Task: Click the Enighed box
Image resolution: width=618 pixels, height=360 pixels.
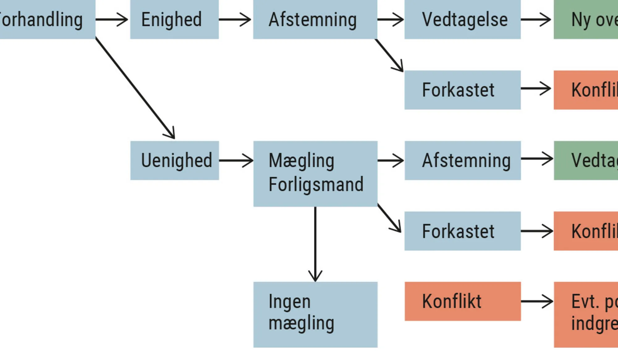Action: coord(174,19)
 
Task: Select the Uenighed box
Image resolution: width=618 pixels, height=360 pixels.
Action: coord(175,160)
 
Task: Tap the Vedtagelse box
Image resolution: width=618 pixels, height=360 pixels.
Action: coord(462,19)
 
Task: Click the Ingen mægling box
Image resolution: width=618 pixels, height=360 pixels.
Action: coord(315,314)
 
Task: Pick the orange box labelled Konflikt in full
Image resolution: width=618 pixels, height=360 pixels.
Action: coord(463,301)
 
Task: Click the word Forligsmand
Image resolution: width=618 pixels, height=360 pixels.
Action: coord(316,184)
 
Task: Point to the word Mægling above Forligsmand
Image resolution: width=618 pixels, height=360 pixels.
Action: coord(301,161)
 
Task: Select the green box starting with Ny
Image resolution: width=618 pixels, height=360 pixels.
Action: coord(586,19)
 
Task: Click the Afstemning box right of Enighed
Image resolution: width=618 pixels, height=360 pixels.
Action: coord(315,19)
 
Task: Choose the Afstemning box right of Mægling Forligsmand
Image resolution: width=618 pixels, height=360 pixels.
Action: coord(463,160)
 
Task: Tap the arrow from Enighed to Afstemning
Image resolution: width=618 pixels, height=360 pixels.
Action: coord(235,19)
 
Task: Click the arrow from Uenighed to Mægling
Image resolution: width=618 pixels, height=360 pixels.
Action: coord(236,160)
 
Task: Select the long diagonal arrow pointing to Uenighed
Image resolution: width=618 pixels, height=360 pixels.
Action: coord(135,88)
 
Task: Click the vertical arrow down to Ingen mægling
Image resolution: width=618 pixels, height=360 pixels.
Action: coord(315,244)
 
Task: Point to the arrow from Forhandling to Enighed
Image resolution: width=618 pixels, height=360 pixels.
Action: coord(112,19)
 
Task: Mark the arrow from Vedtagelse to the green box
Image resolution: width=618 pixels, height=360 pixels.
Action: coord(536,19)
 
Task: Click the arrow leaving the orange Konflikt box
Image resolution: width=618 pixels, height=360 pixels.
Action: coord(537,301)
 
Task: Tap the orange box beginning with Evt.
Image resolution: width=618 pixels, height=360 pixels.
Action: coord(586,314)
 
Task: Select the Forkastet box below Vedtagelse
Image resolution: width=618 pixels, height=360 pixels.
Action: coord(462,90)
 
